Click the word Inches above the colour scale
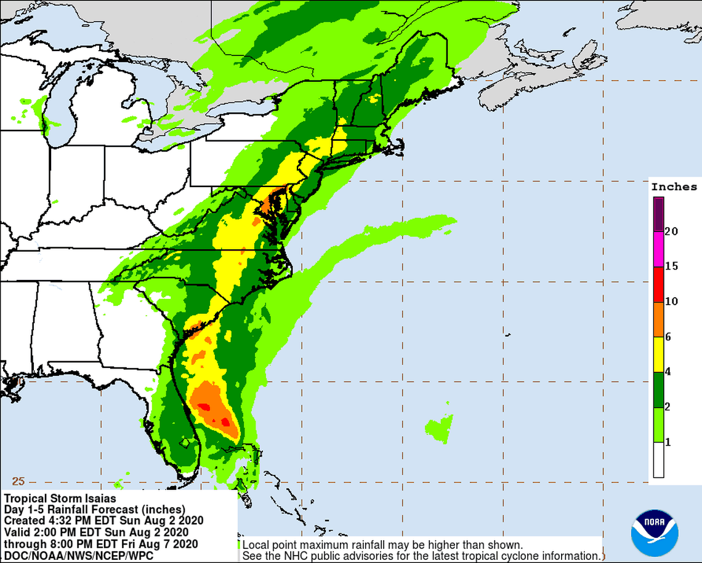(x=674, y=187)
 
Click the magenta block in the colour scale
(x=658, y=249)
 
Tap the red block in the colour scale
(x=658, y=284)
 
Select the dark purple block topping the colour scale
(x=658, y=214)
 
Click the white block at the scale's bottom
(x=658, y=460)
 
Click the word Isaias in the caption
(x=99, y=498)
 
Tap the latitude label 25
(x=18, y=481)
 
